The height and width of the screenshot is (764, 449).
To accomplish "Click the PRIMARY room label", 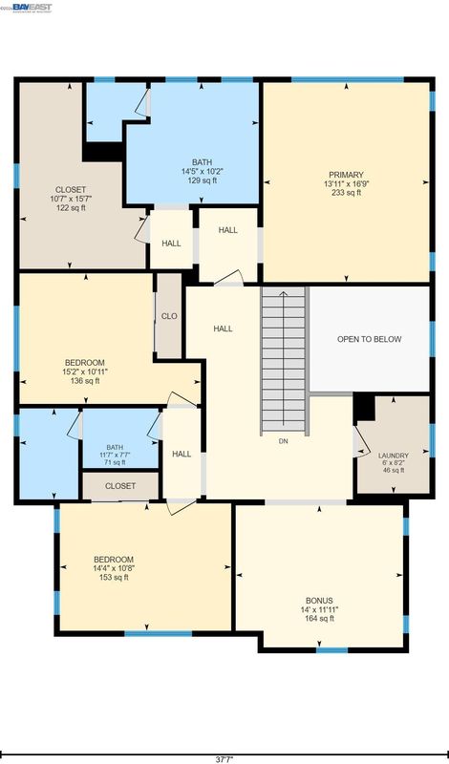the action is (x=346, y=175).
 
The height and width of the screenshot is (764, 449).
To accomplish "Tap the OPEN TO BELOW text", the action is (x=370, y=339).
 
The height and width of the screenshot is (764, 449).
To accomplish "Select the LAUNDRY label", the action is (x=394, y=456).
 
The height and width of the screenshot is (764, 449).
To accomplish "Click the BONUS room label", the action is (x=319, y=601).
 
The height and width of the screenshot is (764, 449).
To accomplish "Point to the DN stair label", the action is (x=284, y=441).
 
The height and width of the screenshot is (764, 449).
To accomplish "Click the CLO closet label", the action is (x=169, y=316).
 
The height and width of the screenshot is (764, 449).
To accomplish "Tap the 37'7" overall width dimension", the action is (x=224, y=759).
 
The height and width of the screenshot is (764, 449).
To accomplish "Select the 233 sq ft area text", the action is (x=346, y=193).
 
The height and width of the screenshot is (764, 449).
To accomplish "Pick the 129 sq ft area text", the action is (x=202, y=180).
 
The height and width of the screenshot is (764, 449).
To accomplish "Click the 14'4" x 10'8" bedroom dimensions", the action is (x=114, y=568).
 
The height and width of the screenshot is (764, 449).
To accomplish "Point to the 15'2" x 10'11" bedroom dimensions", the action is (x=85, y=371).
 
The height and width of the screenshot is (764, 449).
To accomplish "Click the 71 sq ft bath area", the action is (x=115, y=462).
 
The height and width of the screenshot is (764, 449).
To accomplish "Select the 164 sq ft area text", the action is (x=319, y=618).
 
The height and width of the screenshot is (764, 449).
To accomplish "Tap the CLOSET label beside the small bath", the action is (x=120, y=486).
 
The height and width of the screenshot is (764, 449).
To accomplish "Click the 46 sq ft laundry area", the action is (x=394, y=470).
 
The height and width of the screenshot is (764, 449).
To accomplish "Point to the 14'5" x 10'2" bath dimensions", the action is (x=202, y=172).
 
